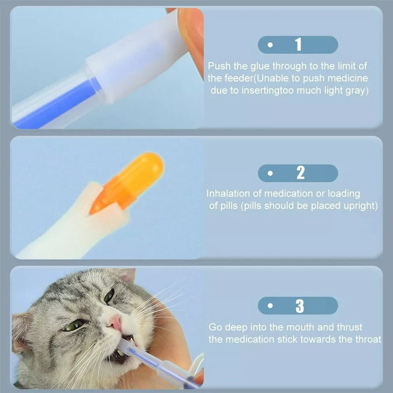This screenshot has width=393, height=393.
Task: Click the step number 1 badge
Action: [x=298, y=45]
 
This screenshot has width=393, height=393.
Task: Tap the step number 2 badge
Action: [x=298, y=173]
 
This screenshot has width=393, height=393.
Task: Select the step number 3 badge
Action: [x=298, y=306]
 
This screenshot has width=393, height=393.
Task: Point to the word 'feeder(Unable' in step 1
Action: [x=262, y=78]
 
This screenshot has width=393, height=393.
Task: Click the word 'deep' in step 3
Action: [x=235, y=328]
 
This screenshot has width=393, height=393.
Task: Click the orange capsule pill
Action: [x=128, y=182]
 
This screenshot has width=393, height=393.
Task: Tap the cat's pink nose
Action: [x=116, y=323]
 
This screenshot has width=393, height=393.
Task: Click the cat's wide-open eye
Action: [x=110, y=296]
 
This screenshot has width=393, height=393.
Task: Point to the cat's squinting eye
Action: [x=75, y=325]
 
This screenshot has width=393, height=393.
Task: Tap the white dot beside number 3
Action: [x=270, y=306]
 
